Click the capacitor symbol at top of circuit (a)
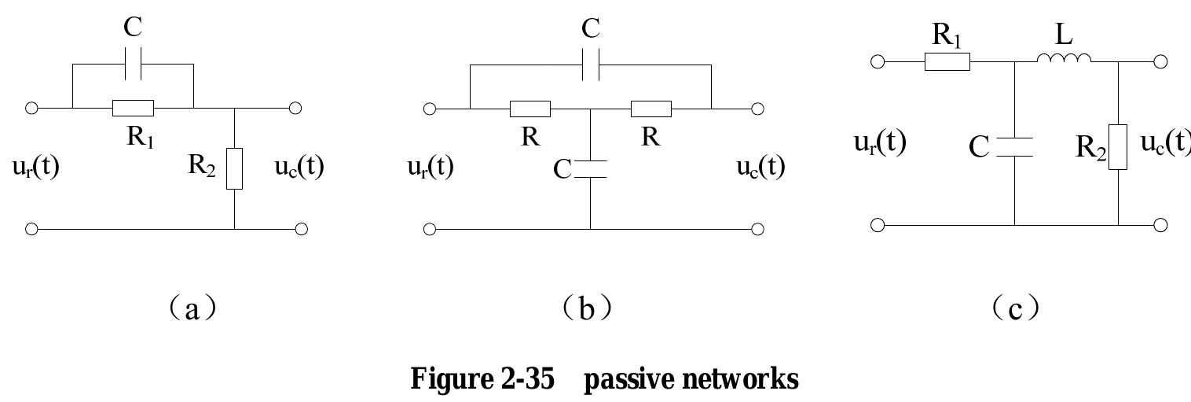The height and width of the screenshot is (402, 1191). click(133, 68)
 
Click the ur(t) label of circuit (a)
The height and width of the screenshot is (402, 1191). click(36, 168)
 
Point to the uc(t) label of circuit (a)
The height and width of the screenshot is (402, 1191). click(299, 168)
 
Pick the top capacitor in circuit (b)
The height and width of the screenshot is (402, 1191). click(591, 68)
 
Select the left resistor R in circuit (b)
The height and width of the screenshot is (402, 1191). click(530, 109)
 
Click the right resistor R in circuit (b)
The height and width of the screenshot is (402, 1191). click(650, 109)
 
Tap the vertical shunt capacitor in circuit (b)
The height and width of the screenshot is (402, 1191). click(591, 170)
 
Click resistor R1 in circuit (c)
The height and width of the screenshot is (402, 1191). click(947, 61)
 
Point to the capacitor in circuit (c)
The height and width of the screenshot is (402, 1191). click(1014, 146)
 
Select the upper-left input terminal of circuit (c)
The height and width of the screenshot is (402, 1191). click(878, 61)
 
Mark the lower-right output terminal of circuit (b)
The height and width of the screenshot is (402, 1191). click(757, 229)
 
